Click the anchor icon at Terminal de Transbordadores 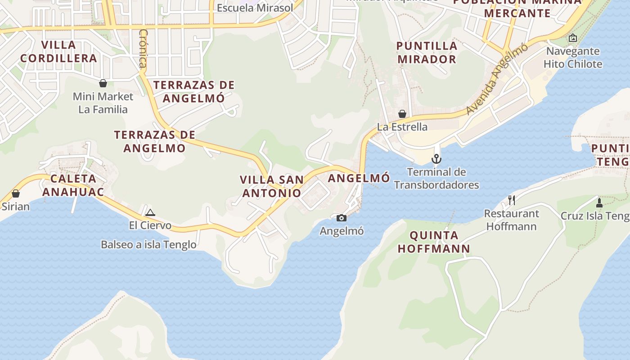point(436,159)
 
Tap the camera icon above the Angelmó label point(342,218)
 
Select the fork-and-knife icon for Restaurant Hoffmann point(511,200)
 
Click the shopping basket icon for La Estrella point(402,114)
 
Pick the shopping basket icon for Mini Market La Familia point(103,83)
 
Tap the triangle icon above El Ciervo point(150,212)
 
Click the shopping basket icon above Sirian point(16,193)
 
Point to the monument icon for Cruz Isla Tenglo point(599,202)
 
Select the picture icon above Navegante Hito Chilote point(572,38)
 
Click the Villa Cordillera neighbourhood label point(58,52)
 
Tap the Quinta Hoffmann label point(434,242)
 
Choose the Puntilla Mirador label point(427,52)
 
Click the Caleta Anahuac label point(73,185)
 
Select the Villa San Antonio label point(271,186)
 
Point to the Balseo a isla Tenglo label point(148,244)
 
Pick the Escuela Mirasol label point(255,8)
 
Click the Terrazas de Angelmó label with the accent point(194,91)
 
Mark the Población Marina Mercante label point(517,8)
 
